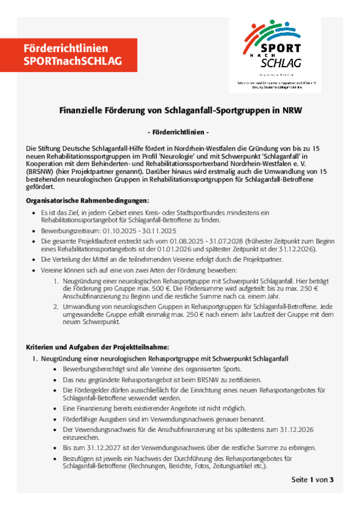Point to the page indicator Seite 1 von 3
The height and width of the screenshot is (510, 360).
(312, 479)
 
